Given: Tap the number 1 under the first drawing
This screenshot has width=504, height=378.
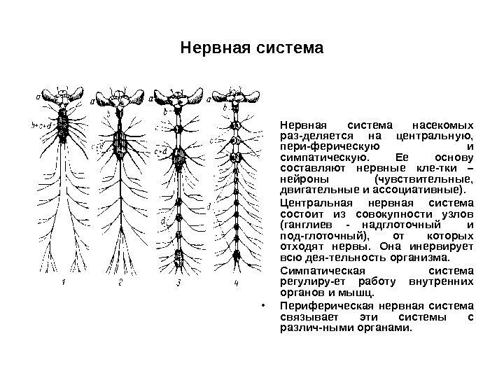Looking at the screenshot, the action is pos(64,283).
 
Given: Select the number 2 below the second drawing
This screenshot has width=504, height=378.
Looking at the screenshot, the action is pos(120,283).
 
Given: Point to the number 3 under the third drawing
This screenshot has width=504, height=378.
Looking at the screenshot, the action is pos(180,283).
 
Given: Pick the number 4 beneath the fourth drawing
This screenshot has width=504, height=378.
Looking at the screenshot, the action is pos(236,283).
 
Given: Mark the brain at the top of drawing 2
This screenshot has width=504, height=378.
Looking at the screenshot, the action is pos(118,97).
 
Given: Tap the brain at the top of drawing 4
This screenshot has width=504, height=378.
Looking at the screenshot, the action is pos(237,97).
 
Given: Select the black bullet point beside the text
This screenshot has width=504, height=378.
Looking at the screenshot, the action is pos(260,305).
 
